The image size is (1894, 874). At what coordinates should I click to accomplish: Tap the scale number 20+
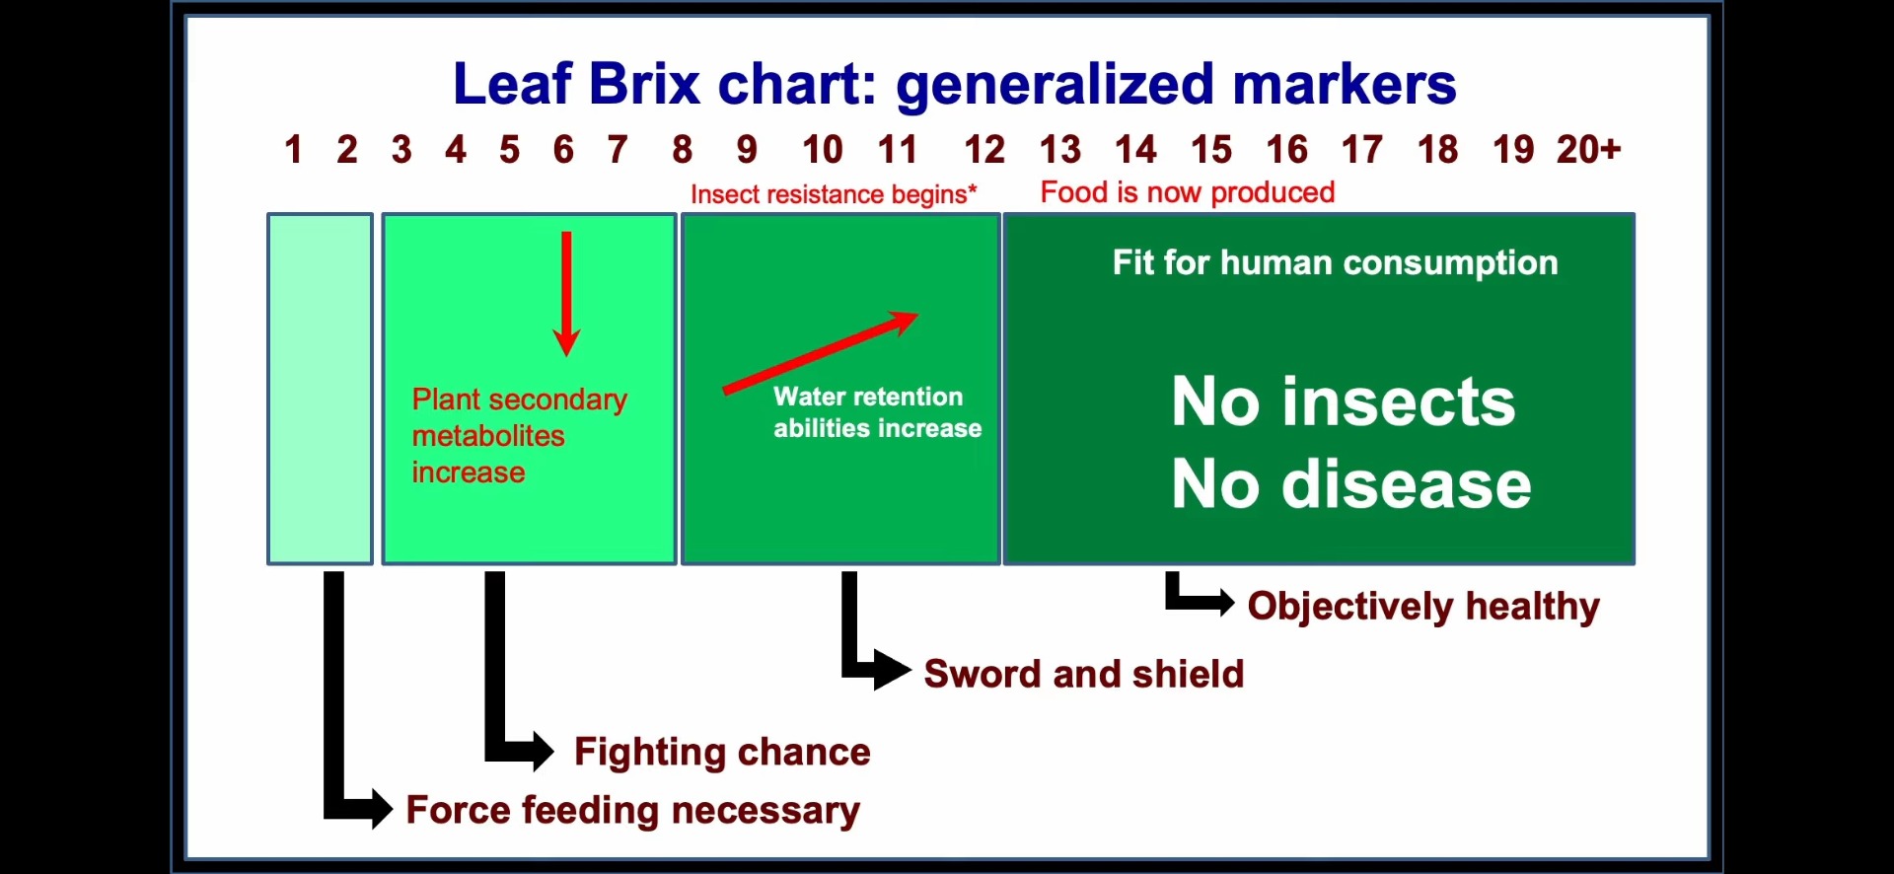pos(1588,150)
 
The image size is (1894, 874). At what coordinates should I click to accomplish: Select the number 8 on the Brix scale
pos(682,150)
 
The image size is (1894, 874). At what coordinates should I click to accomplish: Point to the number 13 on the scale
pos(1060,150)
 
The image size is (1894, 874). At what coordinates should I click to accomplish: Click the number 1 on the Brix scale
pos(293,150)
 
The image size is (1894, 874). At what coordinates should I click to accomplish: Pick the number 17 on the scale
pos(1362,150)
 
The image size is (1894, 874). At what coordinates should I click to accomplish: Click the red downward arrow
pos(566,294)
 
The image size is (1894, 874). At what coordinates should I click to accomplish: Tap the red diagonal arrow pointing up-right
pos(821,352)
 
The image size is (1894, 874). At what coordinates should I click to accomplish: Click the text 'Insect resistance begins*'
pos(834,194)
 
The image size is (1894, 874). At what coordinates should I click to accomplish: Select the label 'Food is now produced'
pos(1188,192)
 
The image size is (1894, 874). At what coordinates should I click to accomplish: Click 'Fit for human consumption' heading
pos(1336,262)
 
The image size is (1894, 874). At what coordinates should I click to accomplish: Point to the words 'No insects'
pos(1344,401)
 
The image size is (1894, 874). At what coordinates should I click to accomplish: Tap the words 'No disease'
pos(1351,484)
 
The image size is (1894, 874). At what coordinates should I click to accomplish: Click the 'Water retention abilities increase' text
pos(877,412)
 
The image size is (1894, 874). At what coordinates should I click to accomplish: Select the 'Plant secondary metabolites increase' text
pos(519,436)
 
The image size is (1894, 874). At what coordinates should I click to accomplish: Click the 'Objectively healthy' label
pos(1423,606)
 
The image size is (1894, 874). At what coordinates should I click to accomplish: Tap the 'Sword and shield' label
pos(1084,674)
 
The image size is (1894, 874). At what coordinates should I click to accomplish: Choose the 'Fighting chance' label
pos(722,752)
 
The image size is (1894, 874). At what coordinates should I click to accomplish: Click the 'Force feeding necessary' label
pos(633,810)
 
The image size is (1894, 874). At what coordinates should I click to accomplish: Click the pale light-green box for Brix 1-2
pos(321,389)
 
